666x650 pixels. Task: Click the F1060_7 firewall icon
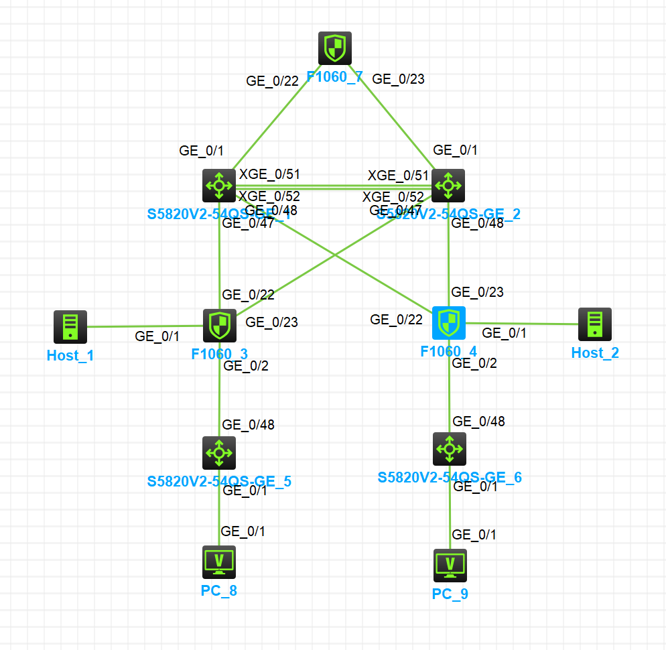(334, 48)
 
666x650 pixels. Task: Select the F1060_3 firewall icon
(219, 326)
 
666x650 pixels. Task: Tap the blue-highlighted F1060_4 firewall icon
(449, 323)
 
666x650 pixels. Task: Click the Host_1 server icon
(70, 327)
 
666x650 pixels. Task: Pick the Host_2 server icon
(595, 324)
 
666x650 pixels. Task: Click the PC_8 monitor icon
(219, 562)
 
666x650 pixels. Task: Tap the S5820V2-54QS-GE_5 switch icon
(219, 453)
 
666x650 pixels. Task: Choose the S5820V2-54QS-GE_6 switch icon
(449, 449)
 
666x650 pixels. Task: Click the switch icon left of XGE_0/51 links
(219, 185)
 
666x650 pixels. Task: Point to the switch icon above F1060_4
(448, 185)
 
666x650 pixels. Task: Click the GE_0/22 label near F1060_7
(272, 81)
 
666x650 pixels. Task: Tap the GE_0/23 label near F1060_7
(398, 79)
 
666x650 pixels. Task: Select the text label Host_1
(70, 356)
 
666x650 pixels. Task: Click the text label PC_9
(450, 594)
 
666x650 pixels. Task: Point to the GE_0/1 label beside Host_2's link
(505, 332)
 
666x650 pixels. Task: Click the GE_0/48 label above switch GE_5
(248, 424)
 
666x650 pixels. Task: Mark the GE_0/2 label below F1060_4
(474, 363)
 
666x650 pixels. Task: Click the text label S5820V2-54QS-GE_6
(450, 478)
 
